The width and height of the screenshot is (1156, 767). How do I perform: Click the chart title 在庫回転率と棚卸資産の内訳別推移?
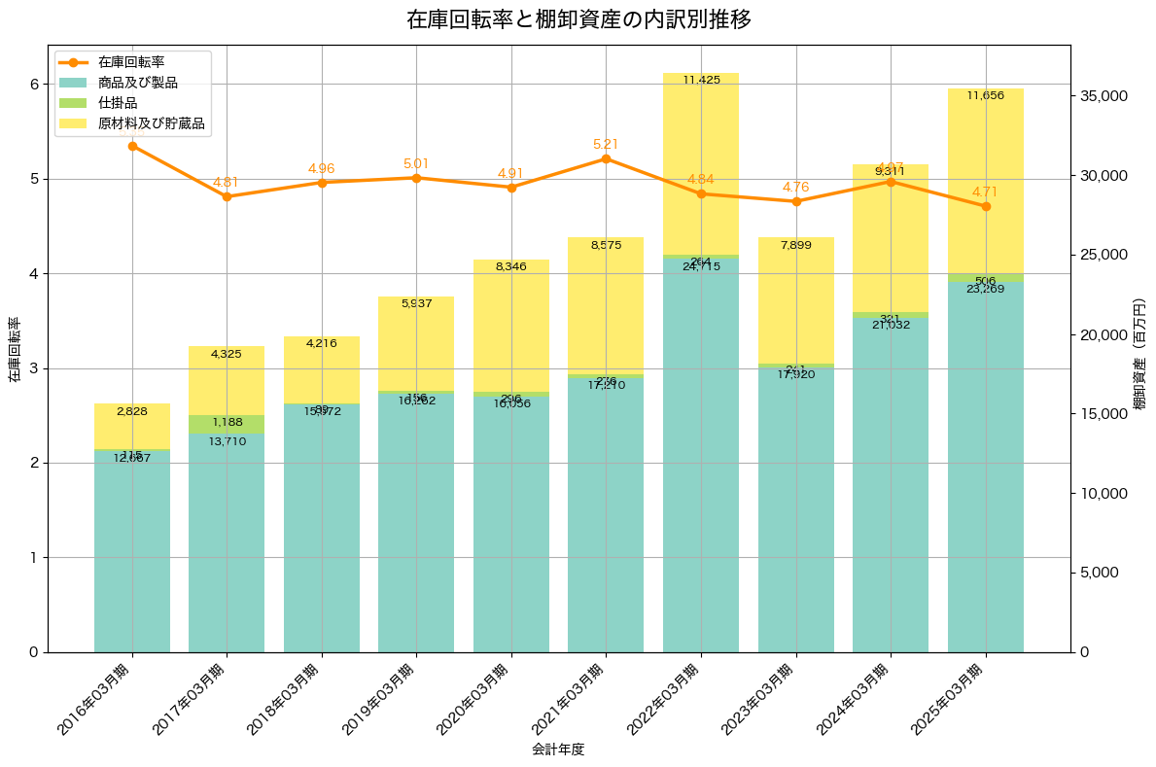coord(578,19)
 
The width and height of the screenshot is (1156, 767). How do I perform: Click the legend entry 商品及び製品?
coord(145,83)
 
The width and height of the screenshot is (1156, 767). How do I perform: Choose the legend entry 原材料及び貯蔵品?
coord(153,123)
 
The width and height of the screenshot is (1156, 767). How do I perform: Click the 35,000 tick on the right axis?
coord(1103,96)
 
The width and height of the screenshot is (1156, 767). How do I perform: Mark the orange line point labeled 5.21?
coord(606,158)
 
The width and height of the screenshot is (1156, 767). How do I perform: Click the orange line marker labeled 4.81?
coord(227,196)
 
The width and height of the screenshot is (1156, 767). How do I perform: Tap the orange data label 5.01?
coord(416,163)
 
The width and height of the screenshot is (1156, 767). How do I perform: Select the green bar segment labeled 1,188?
coord(227,424)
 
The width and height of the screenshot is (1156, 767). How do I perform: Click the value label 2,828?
coord(132,412)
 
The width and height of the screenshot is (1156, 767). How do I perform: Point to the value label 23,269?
coord(986,289)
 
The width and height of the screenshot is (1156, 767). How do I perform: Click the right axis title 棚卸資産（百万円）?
coord(1139,364)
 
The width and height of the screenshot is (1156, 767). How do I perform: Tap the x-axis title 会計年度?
coord(558,750)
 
